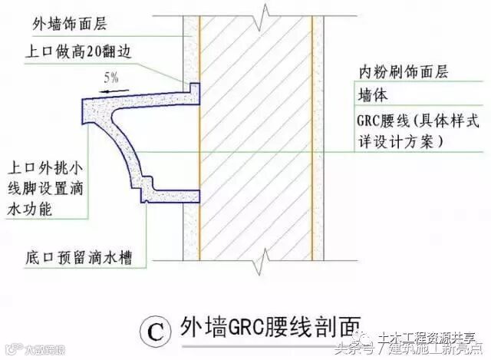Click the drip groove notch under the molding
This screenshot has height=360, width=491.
(x=143, y=202)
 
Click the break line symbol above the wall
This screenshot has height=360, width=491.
(x=265, y=12)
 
